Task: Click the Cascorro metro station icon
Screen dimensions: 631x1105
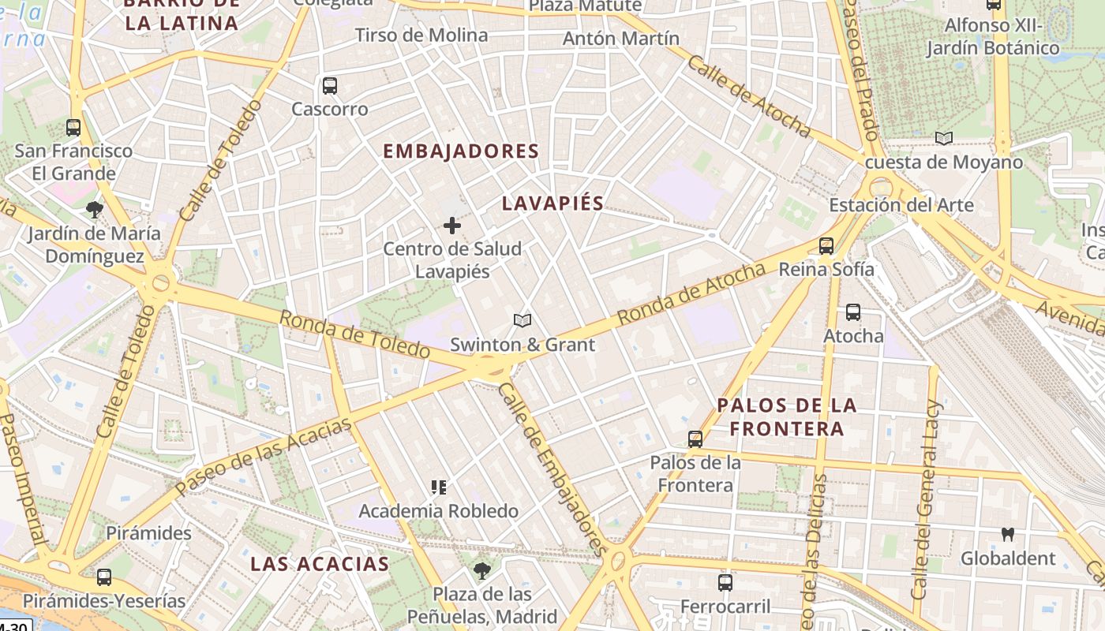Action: click(x=330, y=86)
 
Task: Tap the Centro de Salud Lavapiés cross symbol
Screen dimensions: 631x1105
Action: click(x=452, y=226)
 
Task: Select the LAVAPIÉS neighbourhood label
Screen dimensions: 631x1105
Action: click(x=552, y=203)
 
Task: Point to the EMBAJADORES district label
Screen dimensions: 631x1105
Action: click(x=461, y=151)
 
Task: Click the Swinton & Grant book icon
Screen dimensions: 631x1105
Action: click(x=522, y=320)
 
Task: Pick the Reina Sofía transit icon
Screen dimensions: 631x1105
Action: click(x=826, y=246)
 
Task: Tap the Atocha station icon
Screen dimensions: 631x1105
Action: click(x=853, y=312)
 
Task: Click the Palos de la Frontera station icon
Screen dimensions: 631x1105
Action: click(x=695, y=439)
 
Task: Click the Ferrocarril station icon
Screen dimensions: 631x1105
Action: click(x=725, y=583)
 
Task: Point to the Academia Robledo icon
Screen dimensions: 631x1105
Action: click(x=439, y=487)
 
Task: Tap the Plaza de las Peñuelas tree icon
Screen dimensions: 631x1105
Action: click(x=482, y=570)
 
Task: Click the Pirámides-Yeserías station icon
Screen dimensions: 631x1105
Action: click(x=103, y=577)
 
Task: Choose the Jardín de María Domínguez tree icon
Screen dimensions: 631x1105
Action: click(x=95, y=210)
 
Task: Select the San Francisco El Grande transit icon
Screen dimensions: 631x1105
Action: click(x=73, y=127)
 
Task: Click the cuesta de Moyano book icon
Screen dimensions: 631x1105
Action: click(x=944, y=139)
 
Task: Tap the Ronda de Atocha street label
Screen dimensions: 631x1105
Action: click(x=691, y=293)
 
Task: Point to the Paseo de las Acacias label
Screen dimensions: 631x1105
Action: click(x=263, y=457)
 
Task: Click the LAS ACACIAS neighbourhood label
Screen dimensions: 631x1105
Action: click(x=320, y=564)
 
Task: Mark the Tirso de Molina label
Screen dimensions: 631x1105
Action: click(x=421, y=35)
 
